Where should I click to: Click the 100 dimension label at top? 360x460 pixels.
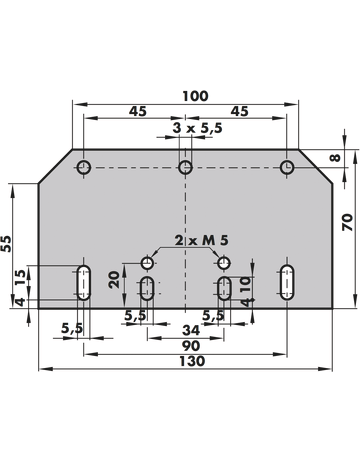(195, 96)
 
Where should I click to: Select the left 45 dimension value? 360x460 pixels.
(138, 111)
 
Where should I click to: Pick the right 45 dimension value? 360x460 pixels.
(240, 111)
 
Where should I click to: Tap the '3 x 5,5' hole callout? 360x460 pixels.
(197, 128)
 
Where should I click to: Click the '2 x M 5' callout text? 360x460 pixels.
(202, 240)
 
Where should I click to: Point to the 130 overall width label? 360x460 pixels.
(192, 361)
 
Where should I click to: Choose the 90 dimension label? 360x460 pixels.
(191, 346)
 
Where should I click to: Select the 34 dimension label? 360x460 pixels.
(191, 330)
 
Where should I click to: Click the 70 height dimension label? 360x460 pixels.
(347, 222)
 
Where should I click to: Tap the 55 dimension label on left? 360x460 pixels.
(6, 244)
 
